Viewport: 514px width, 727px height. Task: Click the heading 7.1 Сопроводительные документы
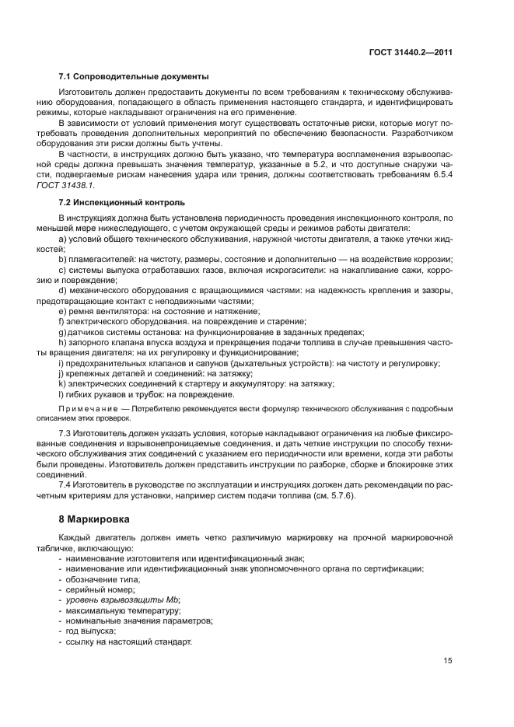click(133, 76)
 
